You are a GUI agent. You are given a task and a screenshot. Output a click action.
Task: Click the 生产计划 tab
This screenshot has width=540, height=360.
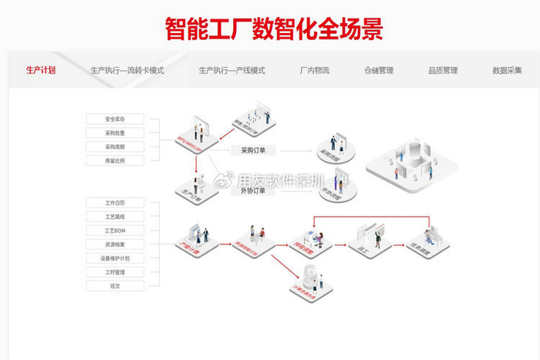[x=40, y=70]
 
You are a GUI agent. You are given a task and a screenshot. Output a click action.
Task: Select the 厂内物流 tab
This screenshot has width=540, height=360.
[x=314, y=70]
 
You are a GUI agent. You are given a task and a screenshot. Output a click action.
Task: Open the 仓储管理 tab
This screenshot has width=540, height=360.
[x=379, y=70]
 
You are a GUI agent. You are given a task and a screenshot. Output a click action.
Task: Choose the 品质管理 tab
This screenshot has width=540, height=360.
[x=443, y=70]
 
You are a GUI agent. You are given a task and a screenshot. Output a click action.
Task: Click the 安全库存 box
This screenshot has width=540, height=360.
[x=114, y=119]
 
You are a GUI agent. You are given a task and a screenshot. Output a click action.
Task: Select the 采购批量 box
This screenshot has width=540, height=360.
[x=114, y=133]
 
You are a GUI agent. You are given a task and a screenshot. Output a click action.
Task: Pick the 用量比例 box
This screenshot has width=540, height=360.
[x=114, y=161]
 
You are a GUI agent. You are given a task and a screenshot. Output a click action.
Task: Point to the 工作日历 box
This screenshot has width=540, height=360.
[x=114, y=203]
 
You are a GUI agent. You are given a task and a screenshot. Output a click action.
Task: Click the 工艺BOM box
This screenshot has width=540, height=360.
[x=114, y=230]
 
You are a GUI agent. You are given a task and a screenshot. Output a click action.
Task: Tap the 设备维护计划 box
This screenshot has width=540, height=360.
[x=114, y=258]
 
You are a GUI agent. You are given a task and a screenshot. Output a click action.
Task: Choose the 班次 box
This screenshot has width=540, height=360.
[x=114, y=286]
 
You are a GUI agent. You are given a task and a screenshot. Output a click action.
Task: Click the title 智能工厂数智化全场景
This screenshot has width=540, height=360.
[x=274, y=29]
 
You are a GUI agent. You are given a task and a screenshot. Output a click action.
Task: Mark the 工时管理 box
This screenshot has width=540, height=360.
[x=114, y=272]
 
